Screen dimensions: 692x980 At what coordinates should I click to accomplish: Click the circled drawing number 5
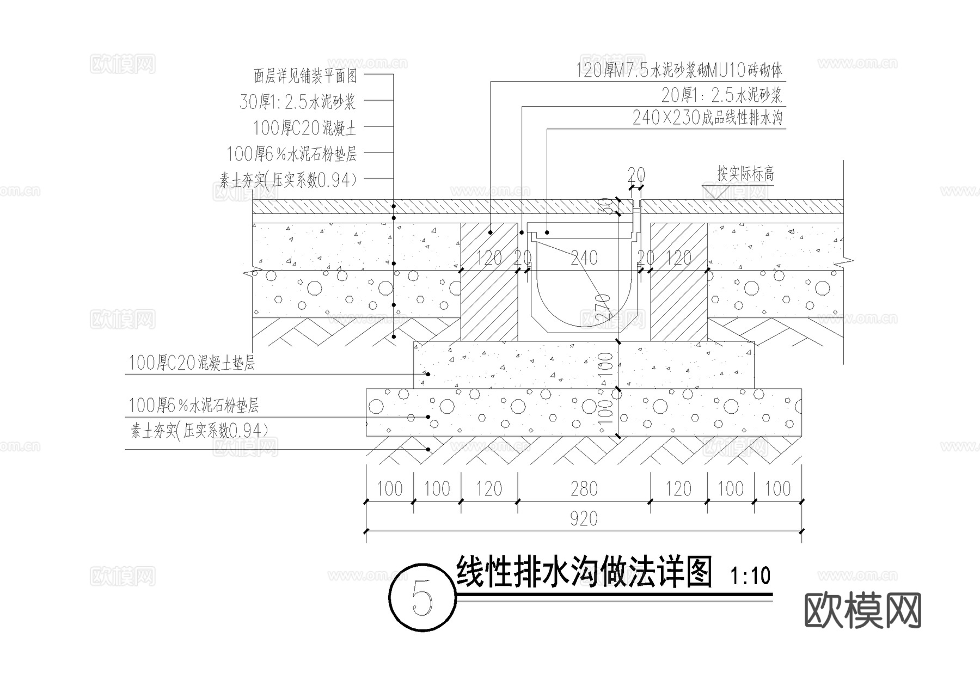pyautogui.click(x=422, y=599)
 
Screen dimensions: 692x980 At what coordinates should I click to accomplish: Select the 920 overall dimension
pyautogui.click(x=584, y=518)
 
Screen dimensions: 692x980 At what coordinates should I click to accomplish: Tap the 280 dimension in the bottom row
pyautogui.click(x=584, y=489)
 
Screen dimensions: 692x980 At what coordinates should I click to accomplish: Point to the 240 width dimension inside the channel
pyautogui.click(x=584, y=258)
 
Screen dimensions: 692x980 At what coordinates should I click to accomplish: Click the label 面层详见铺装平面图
pyautogui.click(x=305, y=76)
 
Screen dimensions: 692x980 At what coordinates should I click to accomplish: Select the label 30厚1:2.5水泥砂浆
pyautogui.click(x=297, y=102)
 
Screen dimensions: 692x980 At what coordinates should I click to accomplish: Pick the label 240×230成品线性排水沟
pyautogui.click(x=707, y=118)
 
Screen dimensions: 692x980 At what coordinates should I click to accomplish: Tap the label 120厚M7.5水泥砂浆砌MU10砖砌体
pyautogui.click(x=679, y=70)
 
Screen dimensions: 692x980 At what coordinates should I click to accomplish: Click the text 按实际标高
pyautogui.click(x=745, y=174)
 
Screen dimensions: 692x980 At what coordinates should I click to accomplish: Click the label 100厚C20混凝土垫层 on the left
pyautogui.click(x=192, y=363)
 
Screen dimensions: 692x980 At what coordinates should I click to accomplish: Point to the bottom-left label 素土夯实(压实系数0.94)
pyautogui.click(x=199, y=431)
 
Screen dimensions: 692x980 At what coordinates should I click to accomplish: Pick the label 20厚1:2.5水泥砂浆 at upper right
pyautogui.click(x=721, y=95)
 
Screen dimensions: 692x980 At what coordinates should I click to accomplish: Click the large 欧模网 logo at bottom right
pyautogui.click(x=862, y=610)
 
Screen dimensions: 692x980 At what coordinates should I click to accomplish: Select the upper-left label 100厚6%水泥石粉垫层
pyautogui.click(x=291, y=154)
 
